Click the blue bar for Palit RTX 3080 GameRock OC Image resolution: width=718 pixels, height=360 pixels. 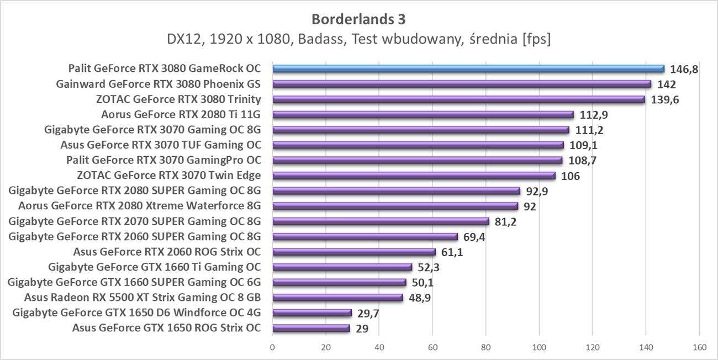468,69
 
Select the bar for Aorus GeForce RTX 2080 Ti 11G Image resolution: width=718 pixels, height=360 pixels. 423,115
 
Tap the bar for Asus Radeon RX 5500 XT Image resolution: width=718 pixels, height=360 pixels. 337,298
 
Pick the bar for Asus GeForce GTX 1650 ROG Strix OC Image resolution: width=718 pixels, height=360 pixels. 311,328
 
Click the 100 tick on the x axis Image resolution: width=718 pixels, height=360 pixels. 539,348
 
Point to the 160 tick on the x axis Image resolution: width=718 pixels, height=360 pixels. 699,348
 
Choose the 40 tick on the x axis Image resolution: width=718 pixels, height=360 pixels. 379,348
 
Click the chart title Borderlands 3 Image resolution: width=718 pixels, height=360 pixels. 358,19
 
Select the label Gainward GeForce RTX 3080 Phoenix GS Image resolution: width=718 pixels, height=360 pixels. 159,84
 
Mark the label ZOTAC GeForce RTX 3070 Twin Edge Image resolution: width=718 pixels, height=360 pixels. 170,176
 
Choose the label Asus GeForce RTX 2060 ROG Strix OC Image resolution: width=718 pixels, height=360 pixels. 167,252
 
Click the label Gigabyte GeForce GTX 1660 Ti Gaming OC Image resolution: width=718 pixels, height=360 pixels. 155,267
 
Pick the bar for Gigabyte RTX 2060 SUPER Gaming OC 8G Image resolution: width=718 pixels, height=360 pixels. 365,237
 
